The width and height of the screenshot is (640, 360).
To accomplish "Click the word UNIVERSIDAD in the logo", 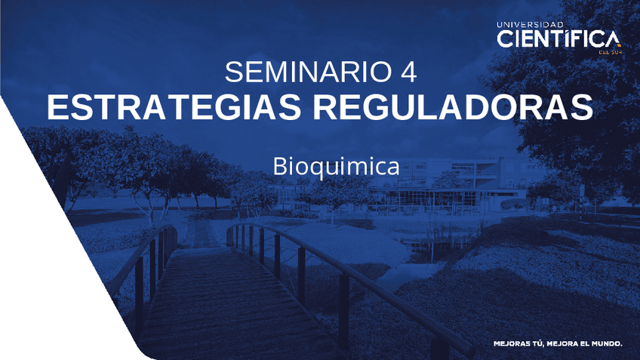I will pyautogui.click(x=530, y=24).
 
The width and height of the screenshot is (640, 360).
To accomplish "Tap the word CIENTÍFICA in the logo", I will pyautogui.click(x=558, y=39).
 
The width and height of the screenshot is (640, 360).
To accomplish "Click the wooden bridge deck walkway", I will pyautogui.click(x=226, y=302).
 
